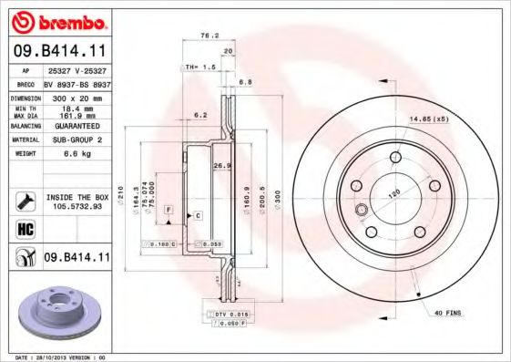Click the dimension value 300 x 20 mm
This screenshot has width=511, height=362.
click(x=75, y=96)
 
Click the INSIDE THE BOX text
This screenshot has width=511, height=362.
click(x=76, y=197)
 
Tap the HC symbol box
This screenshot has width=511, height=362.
click(x=26, y=229)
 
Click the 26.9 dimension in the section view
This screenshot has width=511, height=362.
click(x=219, y=166)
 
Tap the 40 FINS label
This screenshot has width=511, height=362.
click(x=447, y=314)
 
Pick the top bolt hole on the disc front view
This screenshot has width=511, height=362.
click(x=394, y=160)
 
